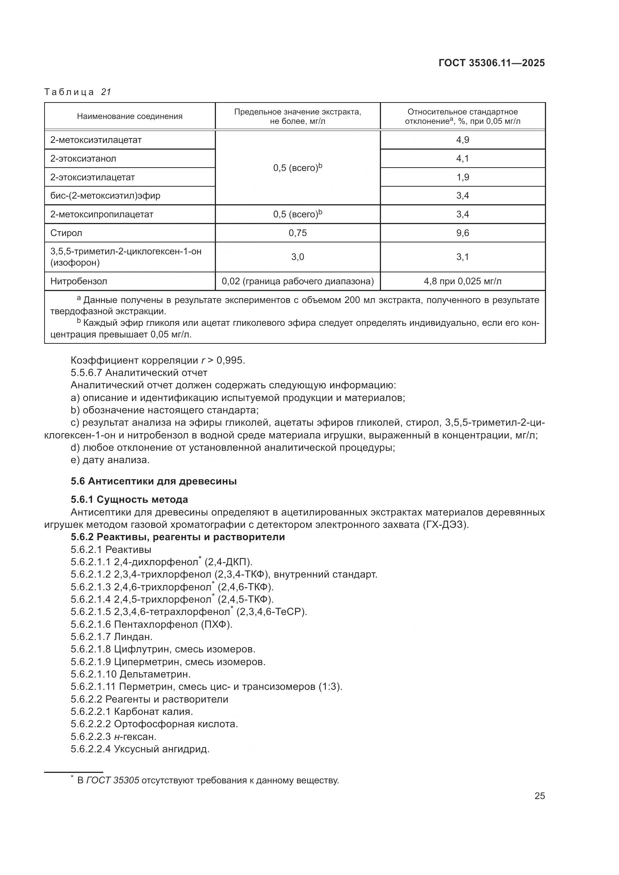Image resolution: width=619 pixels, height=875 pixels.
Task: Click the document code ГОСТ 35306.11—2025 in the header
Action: [491, 63]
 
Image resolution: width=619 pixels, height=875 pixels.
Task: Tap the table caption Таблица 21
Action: [77, 92]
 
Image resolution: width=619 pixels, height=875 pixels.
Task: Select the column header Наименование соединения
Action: [129, 116]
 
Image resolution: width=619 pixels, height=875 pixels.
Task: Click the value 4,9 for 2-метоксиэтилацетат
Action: [462, 140]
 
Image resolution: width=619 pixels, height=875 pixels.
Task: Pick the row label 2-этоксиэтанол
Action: [83, 159]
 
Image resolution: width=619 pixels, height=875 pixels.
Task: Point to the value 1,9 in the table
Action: [462, 177]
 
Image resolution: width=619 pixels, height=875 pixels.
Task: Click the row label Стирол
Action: [66, 233]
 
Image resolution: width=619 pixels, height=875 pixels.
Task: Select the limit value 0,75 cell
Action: [297, 233]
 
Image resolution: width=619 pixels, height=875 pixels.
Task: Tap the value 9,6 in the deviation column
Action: [462, 233]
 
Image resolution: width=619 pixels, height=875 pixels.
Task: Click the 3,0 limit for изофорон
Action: [297, 257]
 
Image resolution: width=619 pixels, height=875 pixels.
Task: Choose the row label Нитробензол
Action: [79, 281]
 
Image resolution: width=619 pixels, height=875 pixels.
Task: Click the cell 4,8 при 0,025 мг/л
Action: [462, 281]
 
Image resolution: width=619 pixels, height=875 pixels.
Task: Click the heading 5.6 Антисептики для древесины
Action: [153, 481]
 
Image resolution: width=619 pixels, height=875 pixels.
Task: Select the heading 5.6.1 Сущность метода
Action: [129, 499]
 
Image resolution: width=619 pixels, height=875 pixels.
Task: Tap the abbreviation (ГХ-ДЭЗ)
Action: [445, 524]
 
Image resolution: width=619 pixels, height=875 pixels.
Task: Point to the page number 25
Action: [539, 796]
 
